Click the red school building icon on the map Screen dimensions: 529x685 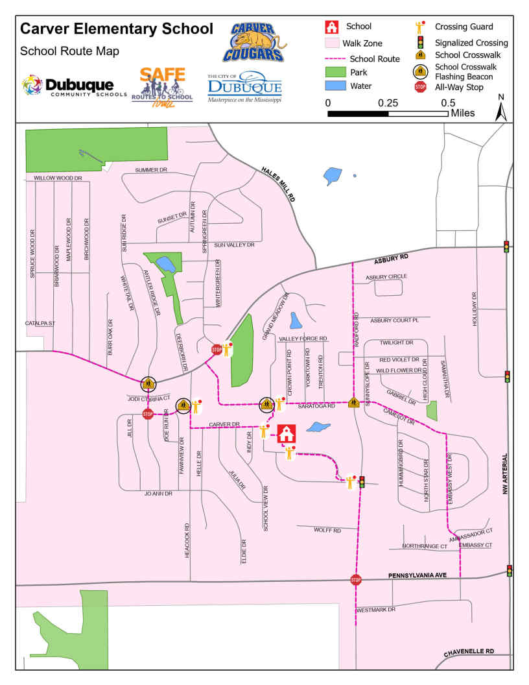pos(287,433)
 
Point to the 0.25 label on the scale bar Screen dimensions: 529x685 pos(388,102)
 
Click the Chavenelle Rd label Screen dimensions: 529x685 pos(469,651)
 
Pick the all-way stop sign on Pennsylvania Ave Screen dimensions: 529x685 pos(355,579)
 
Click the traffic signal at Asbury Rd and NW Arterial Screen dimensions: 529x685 pos(506,246)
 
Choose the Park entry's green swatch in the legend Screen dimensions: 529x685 pos(333,73)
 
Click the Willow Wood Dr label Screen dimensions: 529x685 pos(58,178)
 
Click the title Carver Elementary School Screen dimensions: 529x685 pos(117,29)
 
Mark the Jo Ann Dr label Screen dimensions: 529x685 pos(158,494)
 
